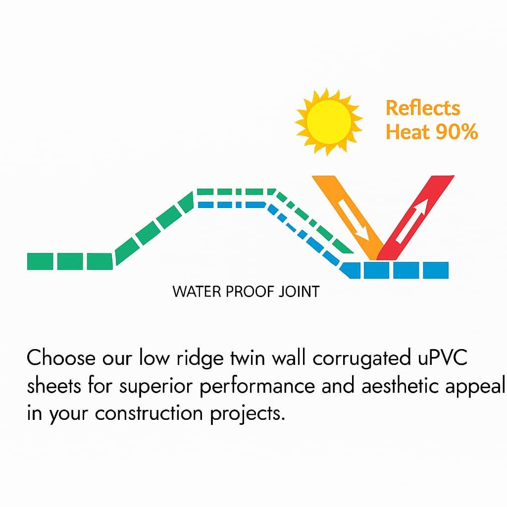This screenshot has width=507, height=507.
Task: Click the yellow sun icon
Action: click(x=329, y=121)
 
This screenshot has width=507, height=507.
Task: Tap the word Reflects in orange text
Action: click(x=423, y=108)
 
